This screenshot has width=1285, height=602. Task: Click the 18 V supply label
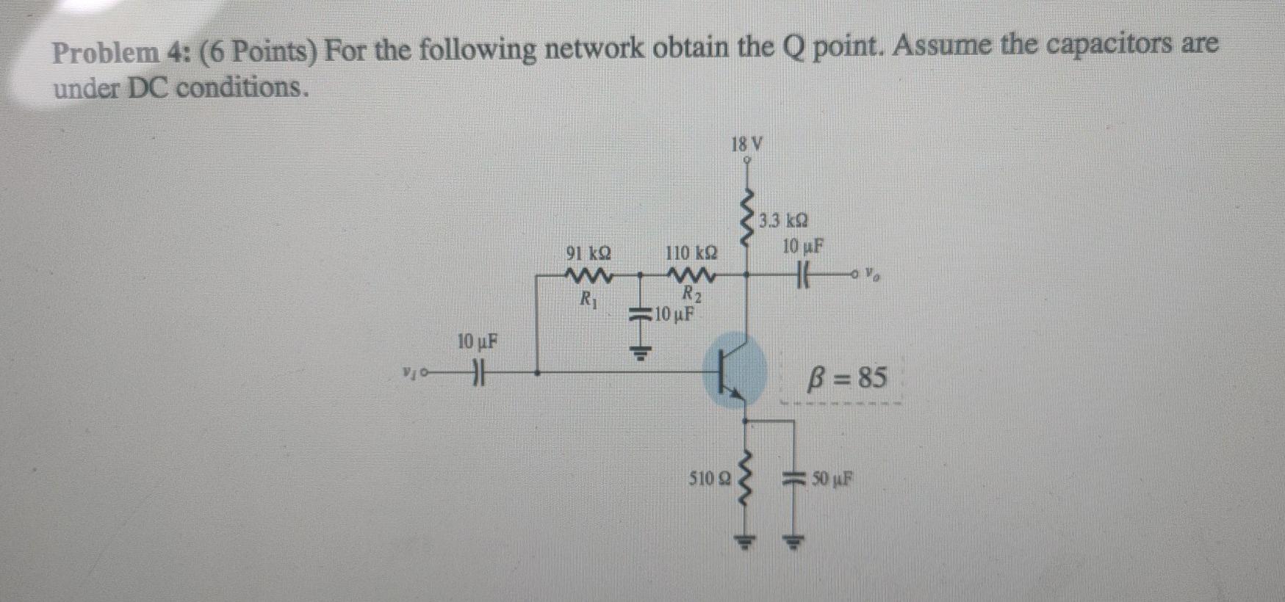point(747,144)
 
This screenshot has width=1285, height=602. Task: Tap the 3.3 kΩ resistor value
point(784,220)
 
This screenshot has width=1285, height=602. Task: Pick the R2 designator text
point(692,295)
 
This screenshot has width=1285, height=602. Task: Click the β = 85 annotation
point(846,378)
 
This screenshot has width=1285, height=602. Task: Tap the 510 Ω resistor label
point(709,479)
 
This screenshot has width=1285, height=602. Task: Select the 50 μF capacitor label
point(832,479)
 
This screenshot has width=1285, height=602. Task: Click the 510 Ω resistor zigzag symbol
point(746,481)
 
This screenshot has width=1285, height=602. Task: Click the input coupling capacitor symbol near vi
point(479,372)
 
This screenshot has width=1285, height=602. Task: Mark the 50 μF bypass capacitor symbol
point(792,479)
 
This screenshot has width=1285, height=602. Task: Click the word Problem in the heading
point(106,53)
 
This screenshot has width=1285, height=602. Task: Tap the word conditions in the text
point(239,88)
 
